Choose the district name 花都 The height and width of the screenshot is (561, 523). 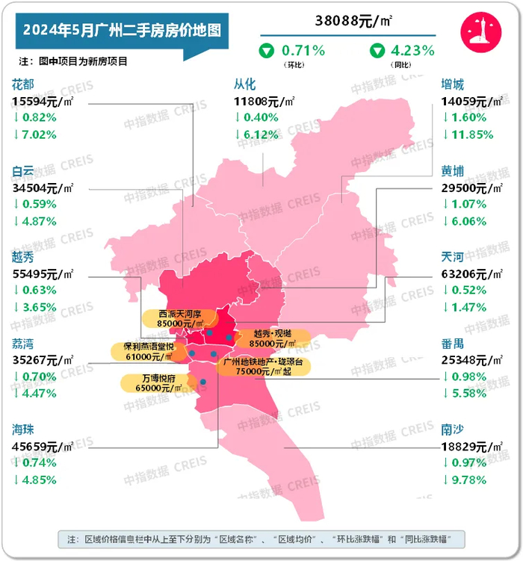[23, 85]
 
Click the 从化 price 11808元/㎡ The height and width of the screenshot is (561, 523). [264, 101]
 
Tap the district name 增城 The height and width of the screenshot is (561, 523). [453, 85]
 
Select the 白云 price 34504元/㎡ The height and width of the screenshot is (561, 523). [43, 187]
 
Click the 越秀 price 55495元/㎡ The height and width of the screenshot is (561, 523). [43, 274]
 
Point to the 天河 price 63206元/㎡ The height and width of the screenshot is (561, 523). [473, 274]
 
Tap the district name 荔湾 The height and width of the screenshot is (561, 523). [23, 344]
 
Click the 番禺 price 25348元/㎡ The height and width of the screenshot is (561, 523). [473, 360]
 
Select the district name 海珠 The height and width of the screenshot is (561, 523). [23, 430]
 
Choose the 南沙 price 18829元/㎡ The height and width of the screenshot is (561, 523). [473, 446]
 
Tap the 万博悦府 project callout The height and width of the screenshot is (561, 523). [153, 384]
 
